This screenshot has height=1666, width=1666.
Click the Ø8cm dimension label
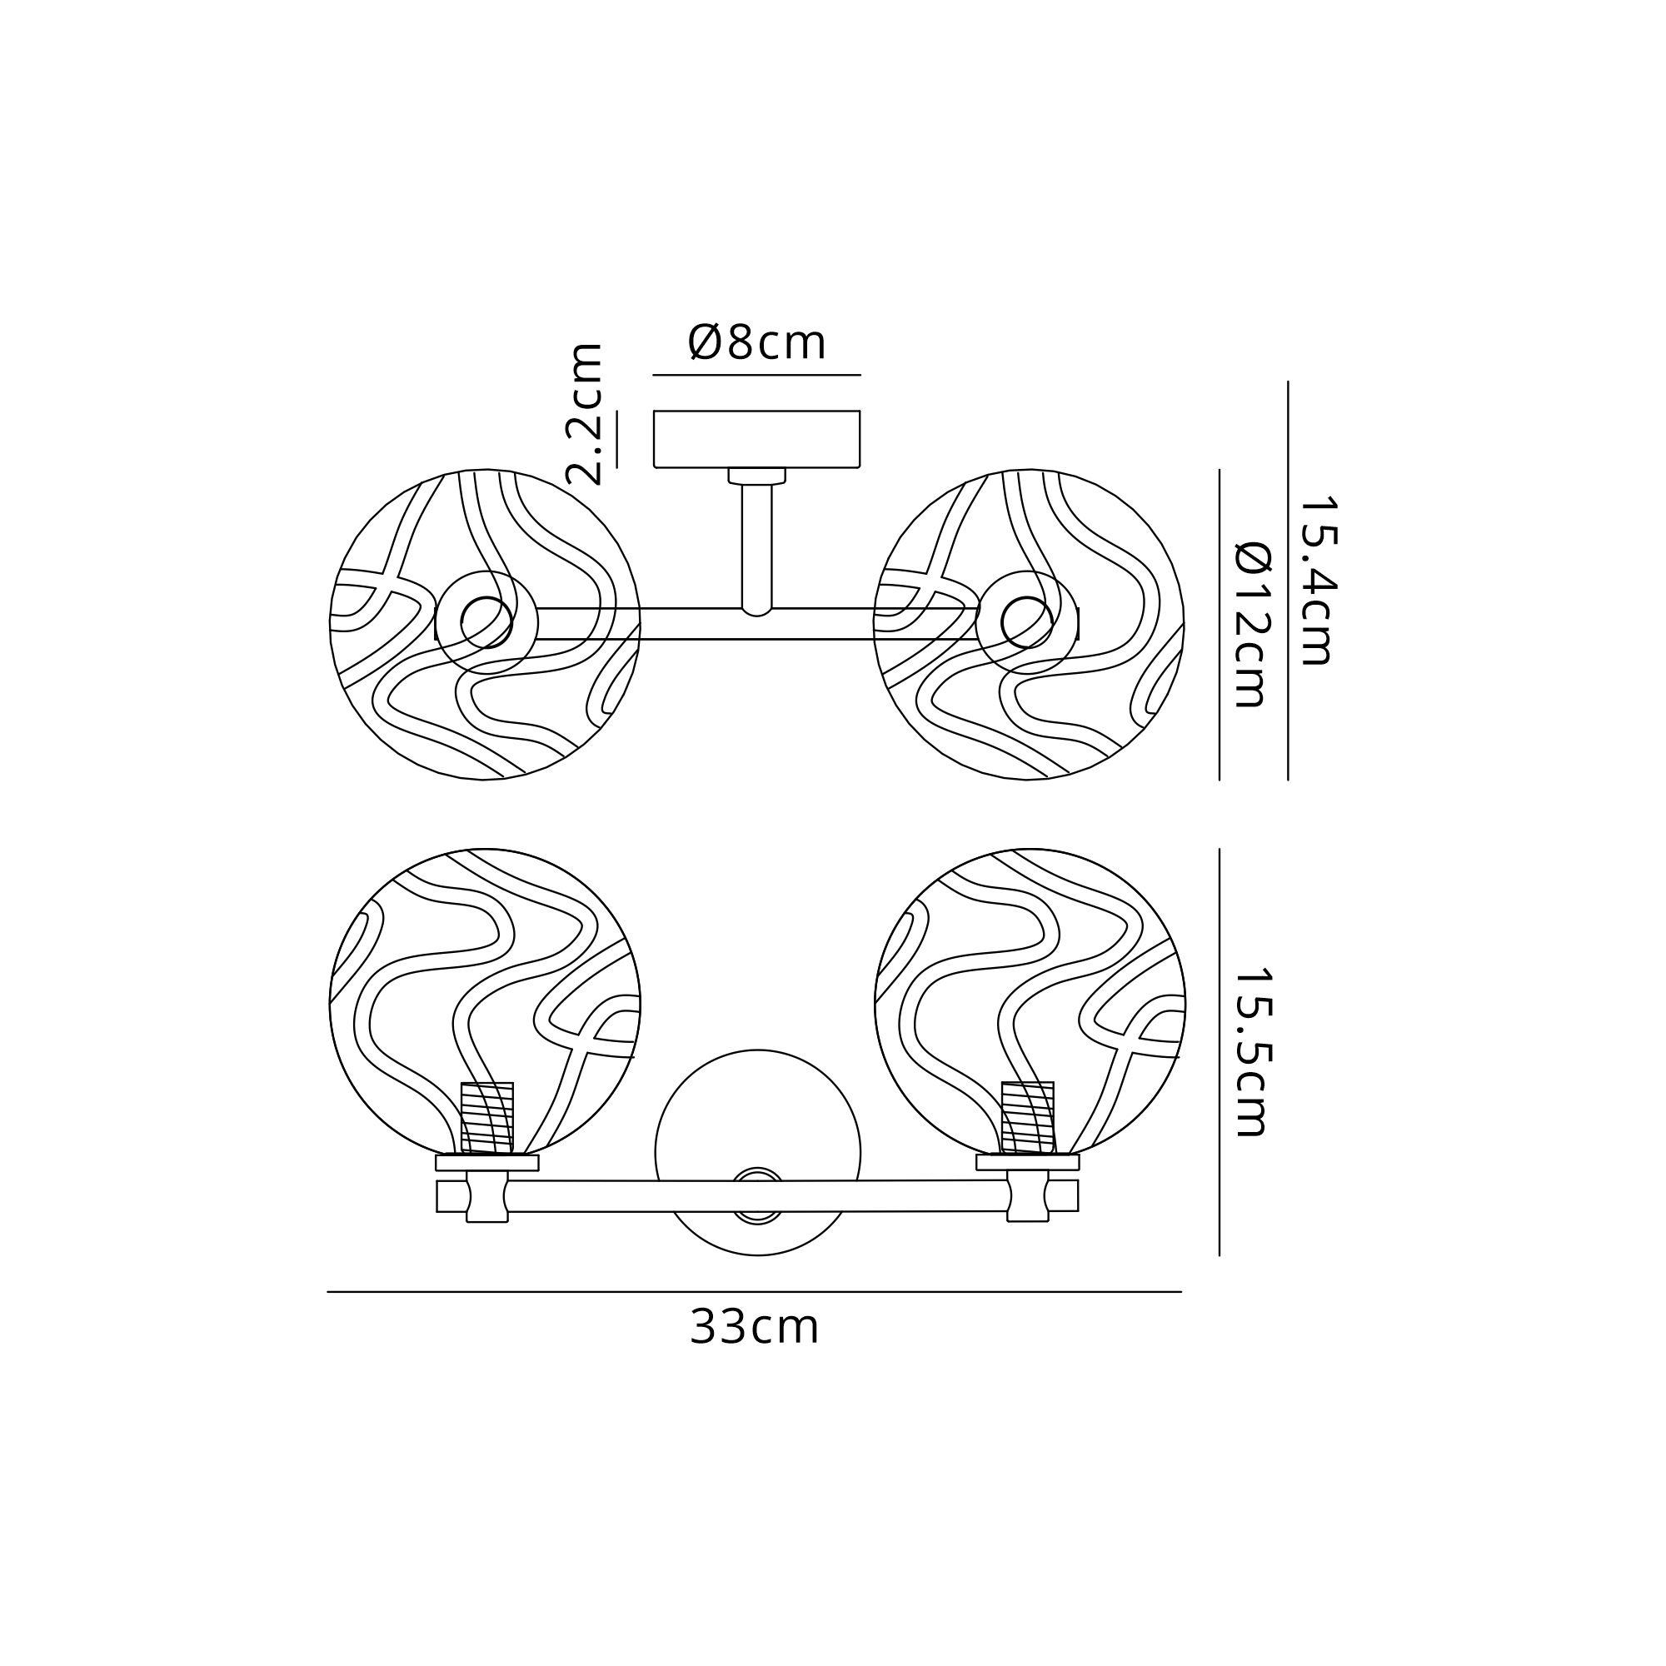coord(757,342)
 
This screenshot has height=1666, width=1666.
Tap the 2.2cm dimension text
coord(584,414)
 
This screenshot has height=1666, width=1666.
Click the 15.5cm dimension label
coord(1253,1051)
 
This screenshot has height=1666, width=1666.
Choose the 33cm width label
coord(754,1326)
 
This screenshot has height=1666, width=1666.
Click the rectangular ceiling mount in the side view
coord(757,439)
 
